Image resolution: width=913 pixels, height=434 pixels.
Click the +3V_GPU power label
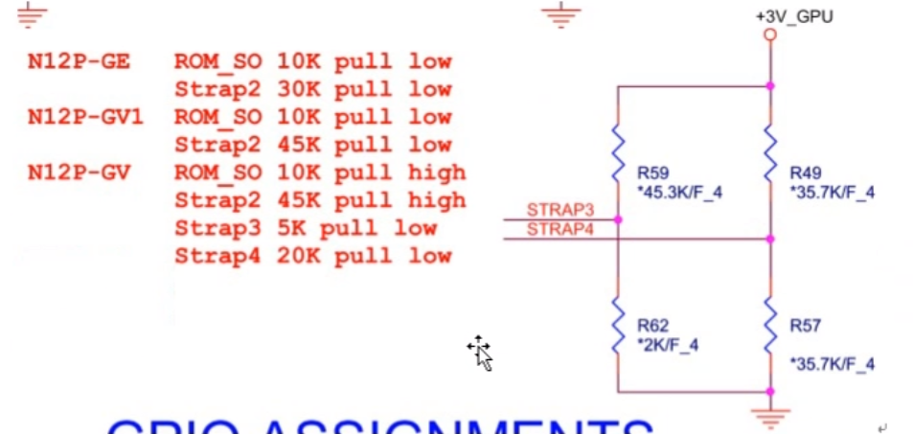(794, 16)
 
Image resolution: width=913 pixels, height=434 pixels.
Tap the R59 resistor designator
(652, 173)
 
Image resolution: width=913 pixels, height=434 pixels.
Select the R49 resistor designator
(806, 173)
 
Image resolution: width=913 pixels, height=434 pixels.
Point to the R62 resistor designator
(652, 326)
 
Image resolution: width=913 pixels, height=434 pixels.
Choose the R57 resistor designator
(806, 326)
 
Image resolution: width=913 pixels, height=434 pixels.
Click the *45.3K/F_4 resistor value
(679, 193)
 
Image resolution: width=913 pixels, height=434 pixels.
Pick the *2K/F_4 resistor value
(668, 345)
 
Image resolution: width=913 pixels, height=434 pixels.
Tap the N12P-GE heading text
(79, 62)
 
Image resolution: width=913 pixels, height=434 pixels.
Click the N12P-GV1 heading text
(85, 117)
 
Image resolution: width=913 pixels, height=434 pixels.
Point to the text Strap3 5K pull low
(305, 228)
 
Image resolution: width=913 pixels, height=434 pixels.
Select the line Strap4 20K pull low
(312, 256)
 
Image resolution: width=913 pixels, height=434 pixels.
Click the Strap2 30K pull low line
(312, 90)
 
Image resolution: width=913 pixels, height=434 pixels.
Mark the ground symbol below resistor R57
(770, 415)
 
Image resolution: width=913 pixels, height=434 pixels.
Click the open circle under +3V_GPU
(770, 35)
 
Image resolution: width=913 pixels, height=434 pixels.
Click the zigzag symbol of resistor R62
(619, 326)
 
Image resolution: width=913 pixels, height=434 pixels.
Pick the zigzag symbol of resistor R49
(770, 158)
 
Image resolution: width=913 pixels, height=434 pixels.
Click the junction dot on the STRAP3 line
(619, 219)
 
